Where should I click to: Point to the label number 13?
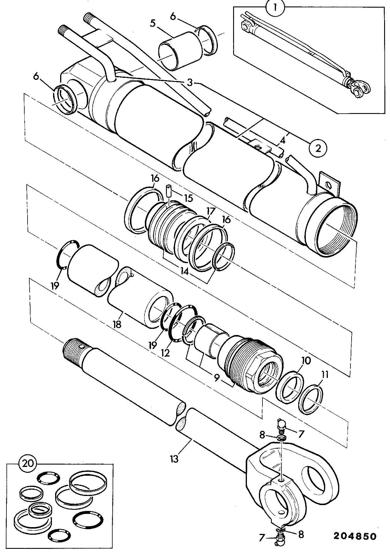point(174,459)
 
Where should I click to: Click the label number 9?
point(216,378)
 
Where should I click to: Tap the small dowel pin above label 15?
point(169,191)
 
